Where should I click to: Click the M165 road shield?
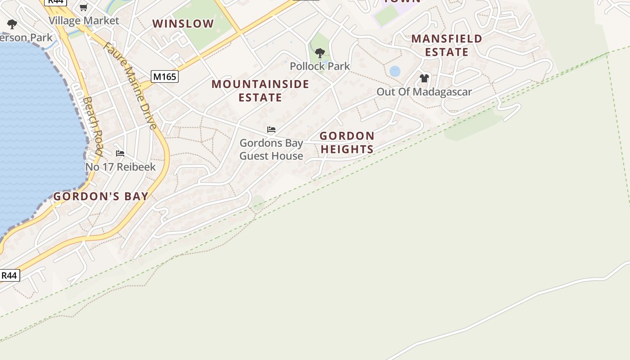(x=165, y=76)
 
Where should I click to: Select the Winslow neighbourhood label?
(x=183, y=24)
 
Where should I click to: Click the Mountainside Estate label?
(x=260, y=90)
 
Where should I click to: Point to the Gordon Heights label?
(x=346, y=142)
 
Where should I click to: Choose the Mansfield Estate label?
(x=446, y=45)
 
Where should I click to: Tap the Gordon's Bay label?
(x=101, y=196)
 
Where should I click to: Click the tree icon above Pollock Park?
(x=320, y=53)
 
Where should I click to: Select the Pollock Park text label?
(x=320, y=66)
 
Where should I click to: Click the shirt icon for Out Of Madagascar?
(x=424, y=78)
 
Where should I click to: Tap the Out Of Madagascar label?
(x=424, y=92)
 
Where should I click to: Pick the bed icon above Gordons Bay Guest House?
(x=271, y=130)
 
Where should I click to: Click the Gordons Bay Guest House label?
(x=271, y=149)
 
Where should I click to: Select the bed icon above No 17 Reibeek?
(x=120, y=153)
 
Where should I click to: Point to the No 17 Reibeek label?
(x=121, y=167)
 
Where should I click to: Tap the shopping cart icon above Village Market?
(x=83, y=7)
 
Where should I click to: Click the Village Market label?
(x=84, y=21)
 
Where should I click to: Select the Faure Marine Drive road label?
(x=130, y=85)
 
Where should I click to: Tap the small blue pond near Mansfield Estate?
(x=395, y=71)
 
